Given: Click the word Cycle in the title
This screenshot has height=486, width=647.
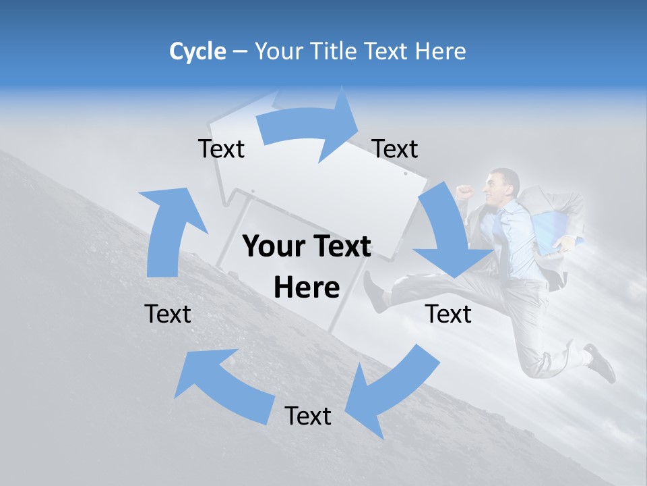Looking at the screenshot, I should (197, 51).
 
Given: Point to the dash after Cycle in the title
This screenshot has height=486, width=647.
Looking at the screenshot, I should (240, 52).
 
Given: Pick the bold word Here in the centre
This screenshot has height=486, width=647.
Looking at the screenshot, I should (307, 288).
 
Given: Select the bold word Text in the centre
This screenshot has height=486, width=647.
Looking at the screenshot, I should (340, 247).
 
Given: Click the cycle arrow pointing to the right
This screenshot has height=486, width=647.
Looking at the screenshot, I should (307, 126).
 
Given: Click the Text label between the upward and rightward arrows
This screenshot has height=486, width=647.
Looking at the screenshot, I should (221, 149).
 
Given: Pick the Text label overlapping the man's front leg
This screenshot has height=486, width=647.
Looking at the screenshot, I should (448, 314).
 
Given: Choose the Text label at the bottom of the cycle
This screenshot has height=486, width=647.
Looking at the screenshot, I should (308, 416).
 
